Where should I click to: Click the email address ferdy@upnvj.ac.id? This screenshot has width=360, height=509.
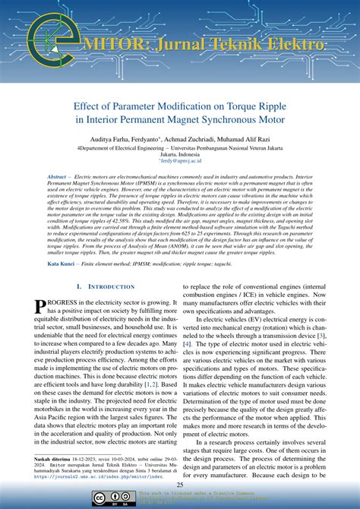[180, 162]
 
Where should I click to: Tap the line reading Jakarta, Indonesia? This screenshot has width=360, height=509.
[180, 154]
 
